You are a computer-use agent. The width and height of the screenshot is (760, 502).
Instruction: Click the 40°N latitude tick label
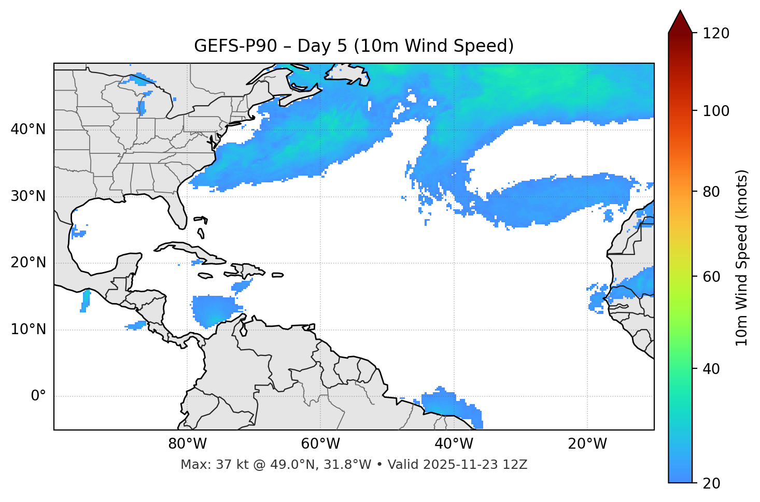28,130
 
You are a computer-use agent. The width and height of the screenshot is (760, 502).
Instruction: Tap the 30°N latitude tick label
28,196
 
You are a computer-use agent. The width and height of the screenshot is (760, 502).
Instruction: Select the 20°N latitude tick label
28,263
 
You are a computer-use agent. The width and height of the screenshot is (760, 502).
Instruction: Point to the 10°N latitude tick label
28,329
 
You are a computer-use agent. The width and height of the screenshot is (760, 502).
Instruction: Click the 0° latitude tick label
38,396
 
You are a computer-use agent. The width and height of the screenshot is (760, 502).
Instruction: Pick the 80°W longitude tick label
187,444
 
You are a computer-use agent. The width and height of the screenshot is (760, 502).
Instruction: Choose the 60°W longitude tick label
320,444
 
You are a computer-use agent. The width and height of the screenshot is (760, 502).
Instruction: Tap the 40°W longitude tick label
454,444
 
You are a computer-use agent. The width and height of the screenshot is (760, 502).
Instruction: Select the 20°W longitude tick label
587,444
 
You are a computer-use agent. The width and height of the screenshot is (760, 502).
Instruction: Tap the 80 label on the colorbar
711,192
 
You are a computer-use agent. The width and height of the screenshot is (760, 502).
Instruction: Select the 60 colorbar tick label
711,277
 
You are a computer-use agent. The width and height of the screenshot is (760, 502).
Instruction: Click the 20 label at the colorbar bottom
711,483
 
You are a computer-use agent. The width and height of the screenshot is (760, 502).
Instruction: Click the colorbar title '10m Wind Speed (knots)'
742,257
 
